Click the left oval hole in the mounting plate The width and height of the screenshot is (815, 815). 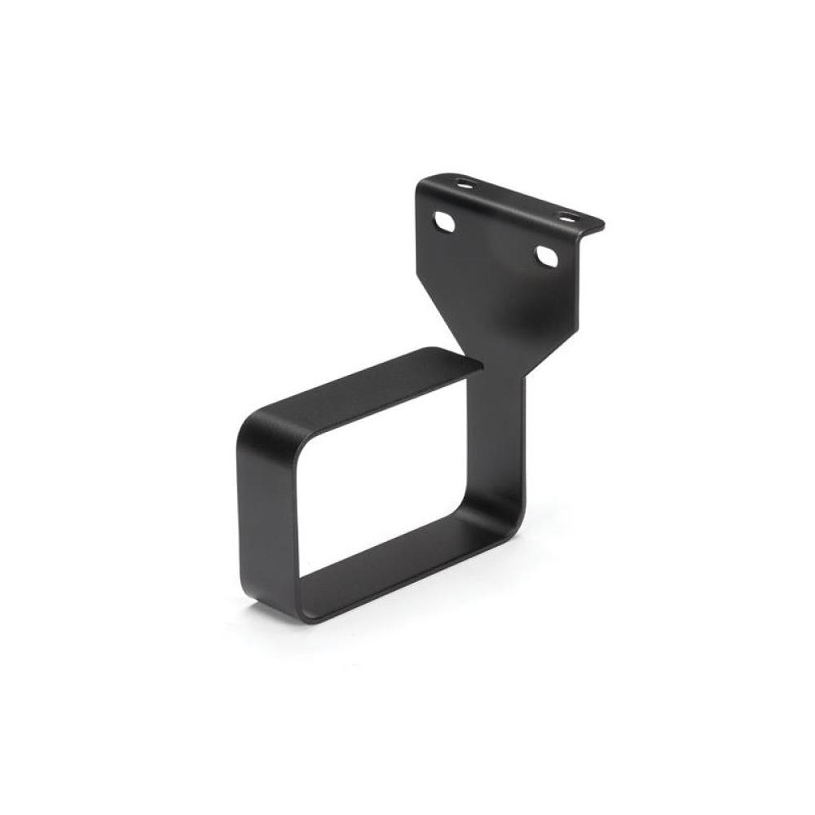pyautogui.click(x=445, y=222)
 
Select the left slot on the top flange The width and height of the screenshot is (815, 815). pyautogui.click(x=467, y=183)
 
